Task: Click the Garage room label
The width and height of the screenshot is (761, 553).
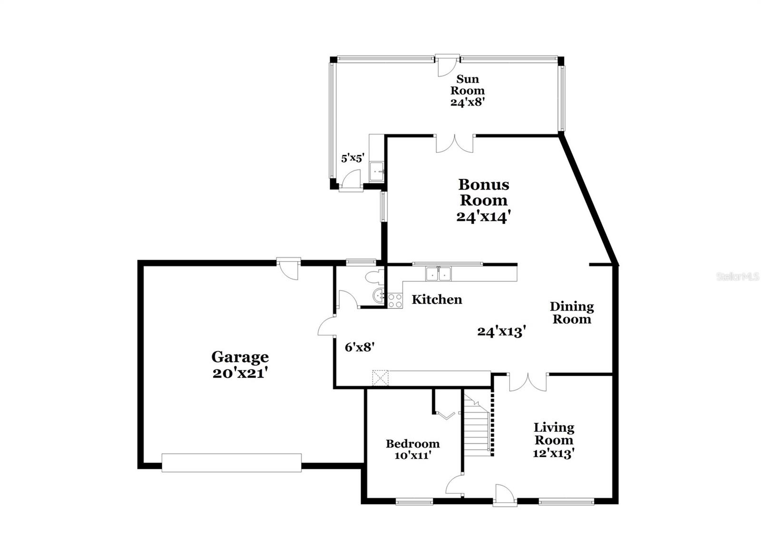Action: [240, 357]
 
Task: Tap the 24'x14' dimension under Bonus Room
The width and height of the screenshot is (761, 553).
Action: [483, 216]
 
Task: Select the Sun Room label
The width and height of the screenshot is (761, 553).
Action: [468, 85]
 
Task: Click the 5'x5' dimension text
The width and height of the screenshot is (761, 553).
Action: [352, 158]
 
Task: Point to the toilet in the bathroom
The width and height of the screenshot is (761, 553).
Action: [374, 277]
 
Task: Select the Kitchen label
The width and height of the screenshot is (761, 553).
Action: [437, 300]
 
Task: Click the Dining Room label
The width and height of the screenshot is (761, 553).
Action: [572, 313]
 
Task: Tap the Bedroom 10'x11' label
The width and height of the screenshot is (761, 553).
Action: [412, 449]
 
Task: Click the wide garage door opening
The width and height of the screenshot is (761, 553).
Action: [231, 463]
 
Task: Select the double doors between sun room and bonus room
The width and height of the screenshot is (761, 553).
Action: [455, 143]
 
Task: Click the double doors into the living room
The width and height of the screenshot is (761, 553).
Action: [528, 382]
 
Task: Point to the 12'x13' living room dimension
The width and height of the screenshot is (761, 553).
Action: [554, 454]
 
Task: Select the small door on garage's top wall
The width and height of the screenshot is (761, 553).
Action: [289, 268]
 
